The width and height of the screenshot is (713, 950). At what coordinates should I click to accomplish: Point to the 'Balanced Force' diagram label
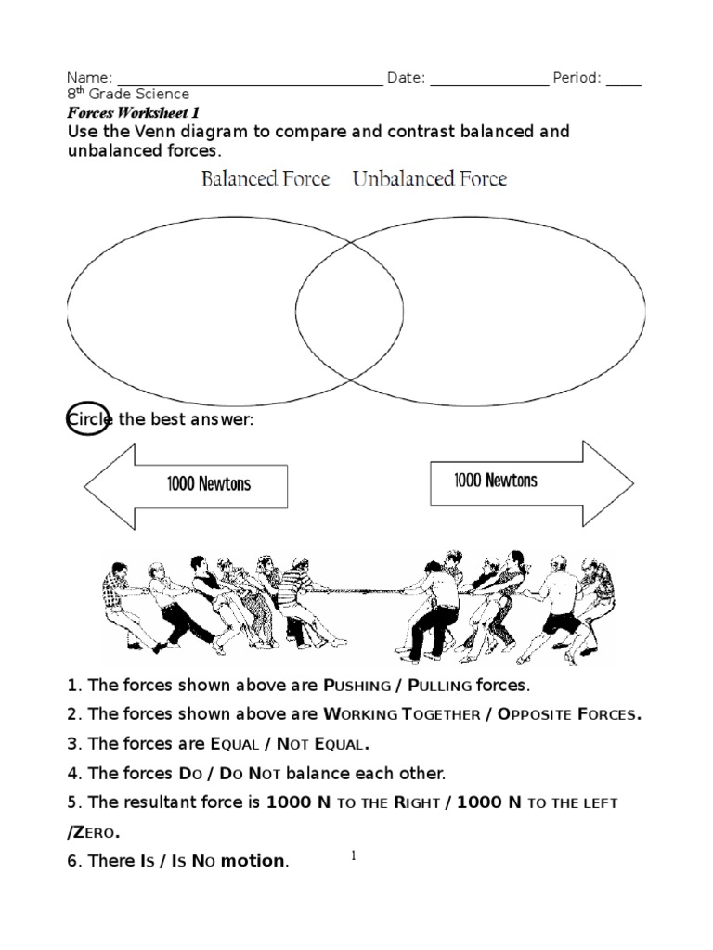(266, 178)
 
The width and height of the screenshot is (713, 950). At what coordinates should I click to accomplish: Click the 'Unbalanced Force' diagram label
(430, 178)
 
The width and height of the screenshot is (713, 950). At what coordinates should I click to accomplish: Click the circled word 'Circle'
(89, 420)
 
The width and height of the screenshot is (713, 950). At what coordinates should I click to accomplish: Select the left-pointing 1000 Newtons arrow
(186, 483)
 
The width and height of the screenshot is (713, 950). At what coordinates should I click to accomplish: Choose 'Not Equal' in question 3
(329, 744)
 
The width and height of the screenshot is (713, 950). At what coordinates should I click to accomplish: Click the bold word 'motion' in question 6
(252, 861)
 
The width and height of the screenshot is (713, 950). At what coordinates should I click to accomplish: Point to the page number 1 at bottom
(353, 856)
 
